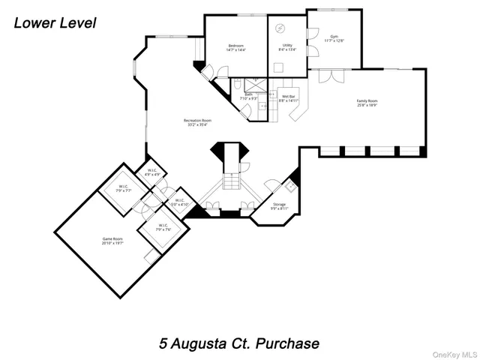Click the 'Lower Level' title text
[55, 23]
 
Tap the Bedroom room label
[237, 48]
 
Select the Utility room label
[287, 48]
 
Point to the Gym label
[334, 40]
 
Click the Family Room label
[366, 103]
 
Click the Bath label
[248, 97]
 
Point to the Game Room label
[112, 241]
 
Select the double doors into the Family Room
[329, 76]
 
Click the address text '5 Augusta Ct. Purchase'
[239, 343]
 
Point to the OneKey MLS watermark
[453, 353]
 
